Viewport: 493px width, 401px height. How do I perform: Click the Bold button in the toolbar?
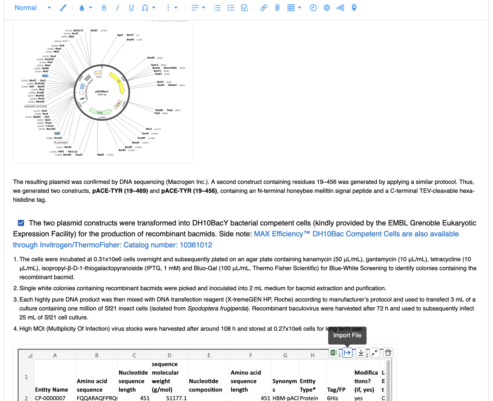pyautogui.click(x=104, y=8)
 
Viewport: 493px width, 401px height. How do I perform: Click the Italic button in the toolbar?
pyautogui.click(x=117, y=8)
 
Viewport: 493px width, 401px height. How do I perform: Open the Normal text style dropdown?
pyautogui.click(x=33, y=8)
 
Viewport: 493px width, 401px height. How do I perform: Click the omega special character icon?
pyautogui.click(x=145, y=8)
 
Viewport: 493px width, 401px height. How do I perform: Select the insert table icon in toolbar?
pyautogui.click(x=291, y=8)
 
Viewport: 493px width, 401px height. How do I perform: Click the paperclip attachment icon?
pyautogui.click(x=277, y=8)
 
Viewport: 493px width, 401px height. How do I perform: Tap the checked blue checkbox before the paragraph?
pyautogui.click(x=21, y=223)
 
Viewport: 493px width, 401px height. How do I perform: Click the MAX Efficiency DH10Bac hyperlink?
pyautogui.click(x=356, y=234)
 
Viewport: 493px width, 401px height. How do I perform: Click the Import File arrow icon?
pyautogui.click(x=347, y=353)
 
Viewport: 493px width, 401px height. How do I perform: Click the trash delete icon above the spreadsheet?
pyautogui.click(x=388, y=353)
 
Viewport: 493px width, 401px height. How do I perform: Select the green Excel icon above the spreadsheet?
pyautogui.click(x=334, y=353)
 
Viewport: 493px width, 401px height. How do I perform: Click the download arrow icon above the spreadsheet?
pyautogui.click(x=361, y=353)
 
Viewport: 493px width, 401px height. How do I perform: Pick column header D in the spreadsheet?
pyautogui.click(x=169, y=355)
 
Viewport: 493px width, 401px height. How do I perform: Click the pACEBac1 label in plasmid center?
pyautogui.click(x=102, y=92)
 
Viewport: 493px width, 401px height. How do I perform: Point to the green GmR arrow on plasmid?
pyautogui.click(x=100, y=112)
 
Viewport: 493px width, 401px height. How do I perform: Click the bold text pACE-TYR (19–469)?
pyautogui.click(x=120, y=191)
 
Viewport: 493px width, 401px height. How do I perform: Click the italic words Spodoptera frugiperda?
pyautogui.click(x=217, y=308)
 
